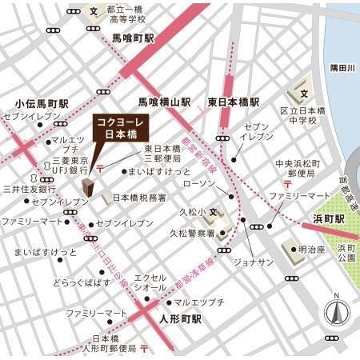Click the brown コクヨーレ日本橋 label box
(119, 129)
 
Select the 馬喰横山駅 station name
(164, 102)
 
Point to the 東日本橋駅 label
(234, 102)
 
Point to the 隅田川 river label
(342, 70)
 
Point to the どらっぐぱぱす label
(82, 283)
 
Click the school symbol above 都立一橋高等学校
(94, 12)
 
